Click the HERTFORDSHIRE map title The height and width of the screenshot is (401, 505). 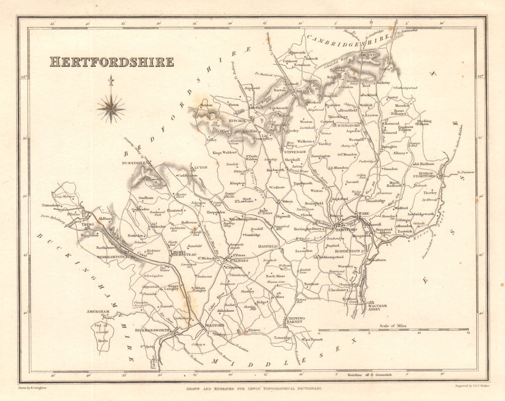coord(112,62)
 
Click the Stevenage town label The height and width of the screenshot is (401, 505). coord(294,151)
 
